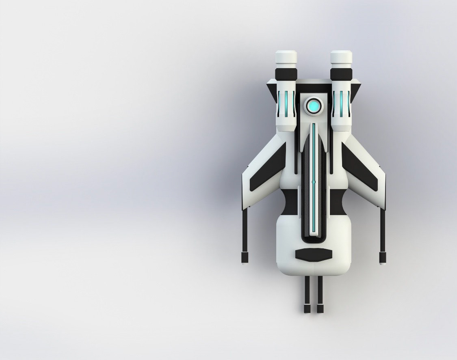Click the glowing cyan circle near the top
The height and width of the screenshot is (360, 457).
[x=314, y=106]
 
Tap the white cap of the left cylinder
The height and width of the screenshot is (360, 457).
[x=286, y=58]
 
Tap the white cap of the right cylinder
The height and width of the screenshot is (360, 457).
[x=341, y=58]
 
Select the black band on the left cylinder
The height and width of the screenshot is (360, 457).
[x=286, y=74]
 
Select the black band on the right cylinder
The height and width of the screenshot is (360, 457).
[x=341, y=74]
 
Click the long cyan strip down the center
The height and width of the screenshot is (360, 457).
[x=314, y=203]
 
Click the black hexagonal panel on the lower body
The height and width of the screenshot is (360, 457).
[x=314, y=255]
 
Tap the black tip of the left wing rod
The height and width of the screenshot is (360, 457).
[x=245, y=257]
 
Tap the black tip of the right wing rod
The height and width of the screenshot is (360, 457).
[x=383, y=257]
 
